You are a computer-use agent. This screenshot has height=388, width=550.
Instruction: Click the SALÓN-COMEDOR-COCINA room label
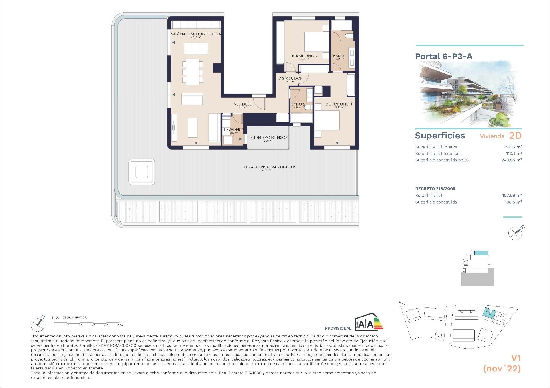pyautogui.click(x=196, y=34)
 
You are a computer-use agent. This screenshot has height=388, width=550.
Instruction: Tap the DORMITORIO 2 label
pyautogui.click(x=304, y=56)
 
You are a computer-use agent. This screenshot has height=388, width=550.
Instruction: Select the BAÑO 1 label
pyautogui.click(x=340, y=56)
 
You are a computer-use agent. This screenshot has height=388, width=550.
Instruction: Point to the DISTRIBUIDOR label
pyautogui.click(x=290, y=78)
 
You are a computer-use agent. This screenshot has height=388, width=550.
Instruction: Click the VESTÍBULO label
pyautogui.click(x=243, y=104)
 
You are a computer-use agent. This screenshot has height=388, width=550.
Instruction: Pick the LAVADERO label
pyautogui.click(x=233, y=130)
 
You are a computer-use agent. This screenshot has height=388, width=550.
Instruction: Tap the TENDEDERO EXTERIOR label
pyautogui.click(x=268, y=138)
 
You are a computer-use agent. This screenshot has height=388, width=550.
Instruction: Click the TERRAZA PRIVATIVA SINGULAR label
pyautogui.click(x=268, y=167)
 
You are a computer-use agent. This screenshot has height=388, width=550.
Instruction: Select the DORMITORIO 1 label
pyautogui.click(x=339, y=104)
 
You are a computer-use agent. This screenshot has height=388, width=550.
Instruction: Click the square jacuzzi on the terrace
pyautogui.click(x=142, y=172)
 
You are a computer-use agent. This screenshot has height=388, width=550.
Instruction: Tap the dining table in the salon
pyautogui.click(x=192, y=72)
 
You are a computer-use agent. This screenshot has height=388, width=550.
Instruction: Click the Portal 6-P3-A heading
pyautogui.click(x=443, y=56)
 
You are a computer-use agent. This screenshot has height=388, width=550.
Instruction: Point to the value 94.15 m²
pyautogui.click(x=513, y=147)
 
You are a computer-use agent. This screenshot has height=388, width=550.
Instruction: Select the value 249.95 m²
pyautogui.click(x=512, y=160)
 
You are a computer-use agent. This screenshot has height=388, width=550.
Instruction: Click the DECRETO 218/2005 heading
pyautogui.click(x=435, y=189)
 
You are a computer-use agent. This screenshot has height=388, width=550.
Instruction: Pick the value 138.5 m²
pyautogui.click(x=513, y=202)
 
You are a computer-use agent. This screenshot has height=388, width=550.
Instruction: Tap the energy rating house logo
pyautogui.click(x=368, y=322)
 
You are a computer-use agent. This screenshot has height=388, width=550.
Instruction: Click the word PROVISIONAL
pyautogui.click(x=338, y=328)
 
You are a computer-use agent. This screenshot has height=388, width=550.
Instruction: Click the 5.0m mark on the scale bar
pyautogui.click(x=120, y=325)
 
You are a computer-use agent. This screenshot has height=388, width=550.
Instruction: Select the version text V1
pyautogui.click(x=516, y=358)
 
